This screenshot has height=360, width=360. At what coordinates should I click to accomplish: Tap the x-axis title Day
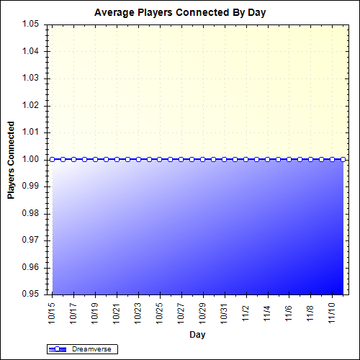point(197,335)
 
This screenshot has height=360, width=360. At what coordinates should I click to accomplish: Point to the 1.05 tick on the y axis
point(31,24)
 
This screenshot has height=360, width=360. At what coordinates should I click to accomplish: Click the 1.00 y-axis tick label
point(31,159)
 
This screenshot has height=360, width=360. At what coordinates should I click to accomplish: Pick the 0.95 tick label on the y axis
point(31,294)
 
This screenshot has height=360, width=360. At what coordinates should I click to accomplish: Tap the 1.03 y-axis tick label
point(31,78)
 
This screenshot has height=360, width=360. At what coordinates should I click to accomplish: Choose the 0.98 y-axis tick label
point(31,213)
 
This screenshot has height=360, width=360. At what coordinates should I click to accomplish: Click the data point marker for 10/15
point(52,159)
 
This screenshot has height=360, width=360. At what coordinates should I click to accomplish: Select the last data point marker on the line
point(343,159)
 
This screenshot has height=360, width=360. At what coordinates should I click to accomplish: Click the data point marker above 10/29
point(203,159)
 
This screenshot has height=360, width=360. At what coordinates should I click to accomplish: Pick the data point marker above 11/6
point(289,159)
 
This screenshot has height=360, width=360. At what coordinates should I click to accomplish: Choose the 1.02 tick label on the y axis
point(31,105)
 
